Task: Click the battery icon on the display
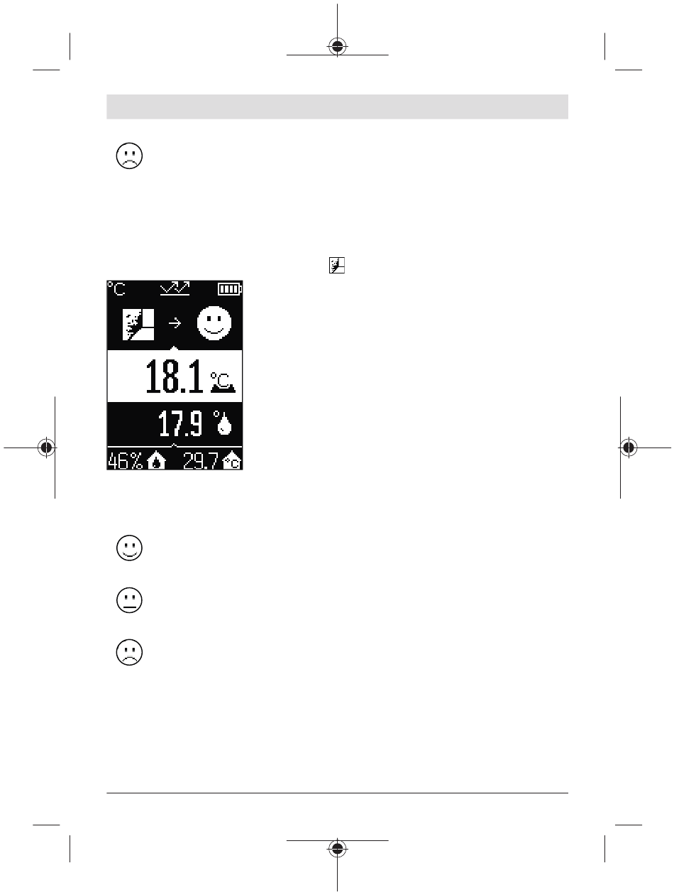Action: [230, 289]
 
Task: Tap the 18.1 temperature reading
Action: [174, 376]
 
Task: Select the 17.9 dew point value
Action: [180, 423]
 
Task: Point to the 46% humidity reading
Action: [126, 461]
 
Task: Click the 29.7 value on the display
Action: [201, 461]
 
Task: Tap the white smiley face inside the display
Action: [214, 323]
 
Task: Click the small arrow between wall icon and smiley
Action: [175, 323]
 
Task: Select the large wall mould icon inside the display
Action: [138, 325]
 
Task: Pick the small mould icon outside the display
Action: [337, 265]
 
